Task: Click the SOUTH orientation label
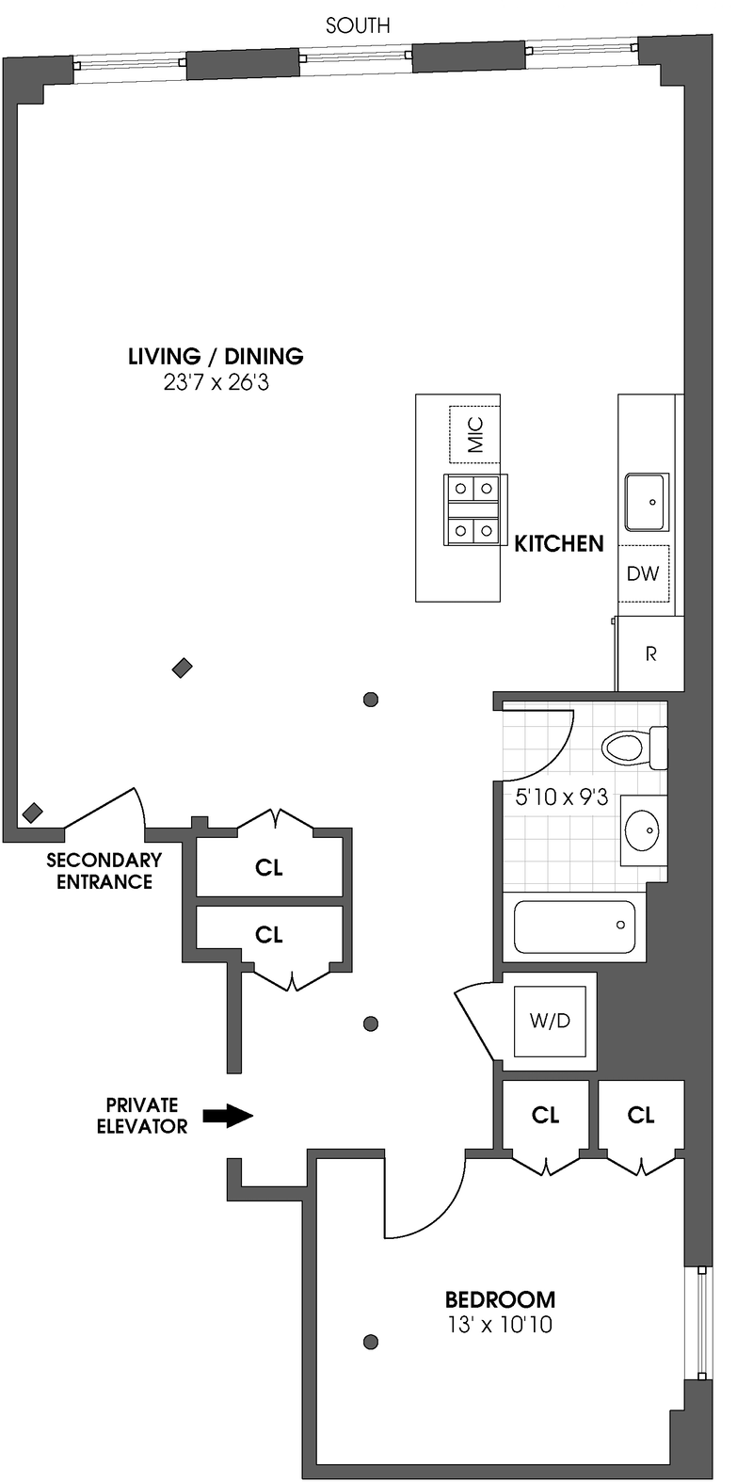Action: tap(358, 25)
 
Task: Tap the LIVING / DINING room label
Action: tap(216, 356)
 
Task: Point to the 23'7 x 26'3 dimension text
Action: tap(216, 383)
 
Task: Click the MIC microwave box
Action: tap(474, 434)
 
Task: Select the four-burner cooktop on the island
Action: tap(473, 509)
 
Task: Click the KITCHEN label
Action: tap(558, 543)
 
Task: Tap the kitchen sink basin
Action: tap(646, 503)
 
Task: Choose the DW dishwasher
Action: tap(644, 572)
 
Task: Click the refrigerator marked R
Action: tap(650, 654)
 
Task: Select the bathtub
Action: tap(575, 926)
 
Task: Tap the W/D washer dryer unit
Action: tap(551, 1022)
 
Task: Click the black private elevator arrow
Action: tap(229, 1116)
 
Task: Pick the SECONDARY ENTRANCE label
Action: tap(104, 871)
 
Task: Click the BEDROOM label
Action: tap(500, 1299)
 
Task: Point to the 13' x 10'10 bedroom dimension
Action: tap(500, 1326)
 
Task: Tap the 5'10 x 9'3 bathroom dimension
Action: tap(562, 797)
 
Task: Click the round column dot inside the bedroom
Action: tap(371, 1342)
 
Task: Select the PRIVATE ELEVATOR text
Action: tap(141, 1115)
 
